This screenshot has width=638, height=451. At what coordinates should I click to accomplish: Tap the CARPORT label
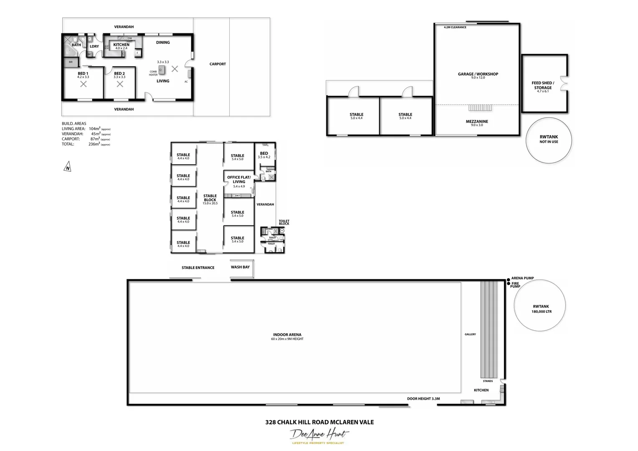[218, 64]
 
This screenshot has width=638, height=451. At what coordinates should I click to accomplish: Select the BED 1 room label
[83, 74]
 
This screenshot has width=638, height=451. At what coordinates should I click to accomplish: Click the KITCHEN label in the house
[121, 45]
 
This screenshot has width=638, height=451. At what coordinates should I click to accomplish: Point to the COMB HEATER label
[153, 73]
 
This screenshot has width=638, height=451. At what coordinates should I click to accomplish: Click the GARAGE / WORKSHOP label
[478, 74]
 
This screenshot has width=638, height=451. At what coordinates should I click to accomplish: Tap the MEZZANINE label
[477, 122]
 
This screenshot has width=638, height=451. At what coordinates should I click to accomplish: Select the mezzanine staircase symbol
[480, 108]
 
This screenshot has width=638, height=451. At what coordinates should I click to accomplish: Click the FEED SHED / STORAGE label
[543, 86]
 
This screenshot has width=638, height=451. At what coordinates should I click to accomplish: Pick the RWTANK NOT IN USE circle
[549, 140]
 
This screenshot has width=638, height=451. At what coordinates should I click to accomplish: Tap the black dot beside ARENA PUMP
[508, 279]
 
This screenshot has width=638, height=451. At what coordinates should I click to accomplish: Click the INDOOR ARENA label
[287, 335]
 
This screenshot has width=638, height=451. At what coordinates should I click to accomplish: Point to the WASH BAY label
[240, 267]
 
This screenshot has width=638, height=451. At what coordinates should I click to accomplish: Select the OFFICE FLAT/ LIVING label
[239, 180]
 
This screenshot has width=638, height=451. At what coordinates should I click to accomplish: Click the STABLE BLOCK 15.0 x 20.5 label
[210, 198]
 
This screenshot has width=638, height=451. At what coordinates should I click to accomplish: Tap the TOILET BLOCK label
[284, 223]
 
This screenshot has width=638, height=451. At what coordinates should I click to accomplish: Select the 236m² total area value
[94, 144]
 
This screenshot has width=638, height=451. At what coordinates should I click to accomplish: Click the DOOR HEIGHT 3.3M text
[423, 399]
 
